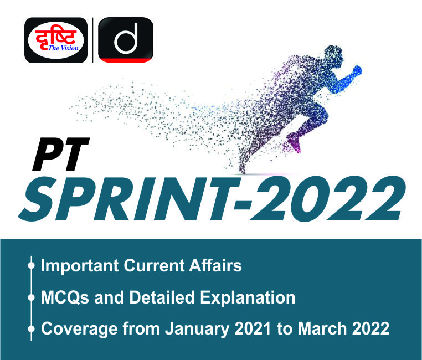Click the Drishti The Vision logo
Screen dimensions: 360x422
[56, 40]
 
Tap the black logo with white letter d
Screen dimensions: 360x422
[125, 40]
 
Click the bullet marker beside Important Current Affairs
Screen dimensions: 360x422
[31, 266]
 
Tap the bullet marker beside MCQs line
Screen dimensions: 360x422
[31, 298]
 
